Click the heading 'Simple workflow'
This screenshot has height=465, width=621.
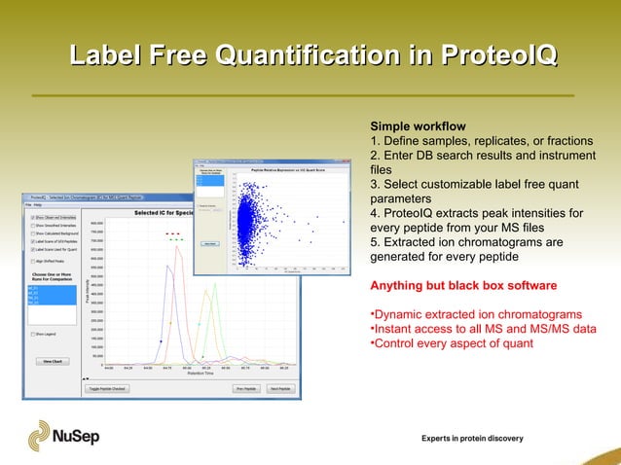click(x=418, y=126)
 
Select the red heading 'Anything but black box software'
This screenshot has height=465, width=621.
click(x=463, y=285)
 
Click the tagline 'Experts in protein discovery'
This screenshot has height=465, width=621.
click(x=471, y=439)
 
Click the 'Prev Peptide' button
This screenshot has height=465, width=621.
click(x=243, y=388)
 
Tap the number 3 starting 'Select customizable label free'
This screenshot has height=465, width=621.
click(x=374, y=185)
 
